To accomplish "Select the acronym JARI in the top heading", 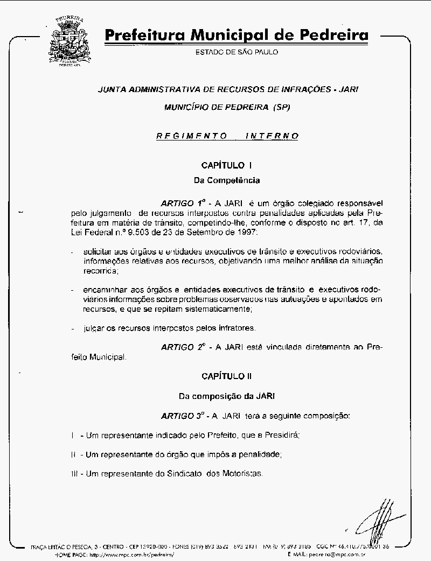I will [345, 89].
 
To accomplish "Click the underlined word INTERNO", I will [272, 136].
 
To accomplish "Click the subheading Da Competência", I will [226, 180].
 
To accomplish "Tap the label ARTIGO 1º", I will [184, 204].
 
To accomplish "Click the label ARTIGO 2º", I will [184, 347].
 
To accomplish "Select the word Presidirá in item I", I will [280, 434].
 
